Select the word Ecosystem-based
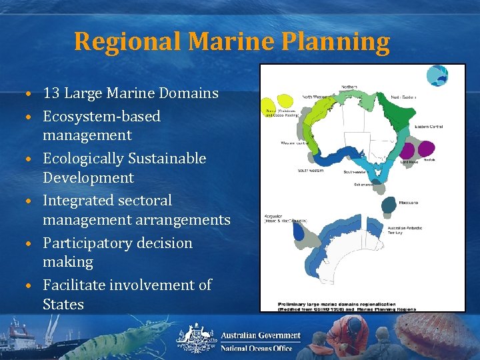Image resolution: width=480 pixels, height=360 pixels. (101, 117)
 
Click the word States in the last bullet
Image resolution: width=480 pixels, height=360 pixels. (63, 305)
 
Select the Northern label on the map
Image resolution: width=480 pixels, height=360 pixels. (349, 87)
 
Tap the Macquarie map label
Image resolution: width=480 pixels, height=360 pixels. (409, 203)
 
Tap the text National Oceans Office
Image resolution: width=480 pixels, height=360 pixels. (256, 348)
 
